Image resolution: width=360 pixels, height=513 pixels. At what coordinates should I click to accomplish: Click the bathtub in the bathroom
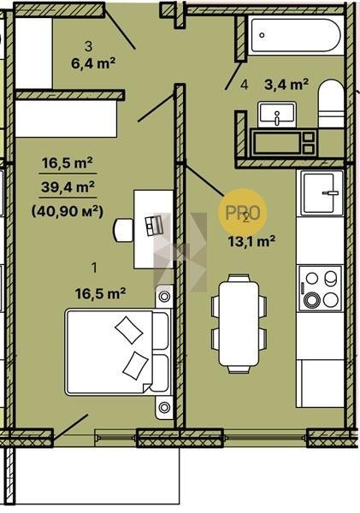pos(296,35)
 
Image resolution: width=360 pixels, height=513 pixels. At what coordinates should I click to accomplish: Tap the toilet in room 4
pos(331,103)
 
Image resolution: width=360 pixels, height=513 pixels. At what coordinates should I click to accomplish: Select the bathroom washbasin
pos(277,114)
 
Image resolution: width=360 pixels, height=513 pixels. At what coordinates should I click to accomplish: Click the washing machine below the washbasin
pos(283,143)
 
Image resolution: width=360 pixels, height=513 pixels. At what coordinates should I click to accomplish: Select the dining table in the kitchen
pos(239,324)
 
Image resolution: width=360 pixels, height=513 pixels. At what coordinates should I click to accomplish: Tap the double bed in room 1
pos(118,352)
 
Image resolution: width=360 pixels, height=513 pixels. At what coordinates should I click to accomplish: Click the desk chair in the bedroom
pos(123,230)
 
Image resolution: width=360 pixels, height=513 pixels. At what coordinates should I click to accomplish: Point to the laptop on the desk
pos(154,225)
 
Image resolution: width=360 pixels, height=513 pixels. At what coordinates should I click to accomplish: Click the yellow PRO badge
pos(243,213)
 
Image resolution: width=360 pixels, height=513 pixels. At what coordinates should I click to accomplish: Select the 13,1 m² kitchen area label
pos(251,241)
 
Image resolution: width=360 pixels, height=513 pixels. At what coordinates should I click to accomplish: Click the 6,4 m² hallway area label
pos(93,62)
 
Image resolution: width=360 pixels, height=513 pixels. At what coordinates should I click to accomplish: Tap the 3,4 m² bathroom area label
pos(286,85)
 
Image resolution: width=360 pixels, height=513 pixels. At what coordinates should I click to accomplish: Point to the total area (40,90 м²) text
pos(68,211)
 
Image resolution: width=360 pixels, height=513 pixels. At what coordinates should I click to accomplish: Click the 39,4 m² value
pos(68,187)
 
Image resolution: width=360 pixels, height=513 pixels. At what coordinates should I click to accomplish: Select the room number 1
pos(94,268)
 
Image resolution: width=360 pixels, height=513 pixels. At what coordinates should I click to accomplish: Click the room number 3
pos(88,46)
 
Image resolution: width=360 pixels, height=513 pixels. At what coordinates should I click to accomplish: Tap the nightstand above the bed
pos(164,297)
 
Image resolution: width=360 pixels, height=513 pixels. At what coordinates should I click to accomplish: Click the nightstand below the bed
pos(164,407)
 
